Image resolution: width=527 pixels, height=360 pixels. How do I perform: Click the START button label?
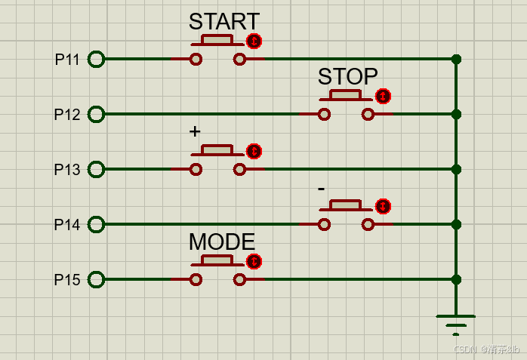[x=223, y=22]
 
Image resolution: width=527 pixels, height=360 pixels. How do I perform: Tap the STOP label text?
[x=347, y=77]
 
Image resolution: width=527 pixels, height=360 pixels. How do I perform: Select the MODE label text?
[x=221, y=242]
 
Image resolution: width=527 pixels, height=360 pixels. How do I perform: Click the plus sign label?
[x=195, y=131]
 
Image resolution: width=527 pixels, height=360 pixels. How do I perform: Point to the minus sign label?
[x=322, y=187]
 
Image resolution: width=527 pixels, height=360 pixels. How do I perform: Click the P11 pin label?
[x=67, y=60]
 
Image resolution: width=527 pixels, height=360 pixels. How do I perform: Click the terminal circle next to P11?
[x=96, y=59]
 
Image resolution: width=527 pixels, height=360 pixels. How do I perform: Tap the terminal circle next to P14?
[x=96, y=224]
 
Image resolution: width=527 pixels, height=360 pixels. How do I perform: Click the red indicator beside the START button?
[x=254, y=41]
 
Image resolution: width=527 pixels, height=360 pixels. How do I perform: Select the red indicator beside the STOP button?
[x=384, y=96]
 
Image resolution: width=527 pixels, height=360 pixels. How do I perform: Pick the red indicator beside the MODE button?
[x=254, y=262]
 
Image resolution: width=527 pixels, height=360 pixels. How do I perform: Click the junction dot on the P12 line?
[x=455, y=114]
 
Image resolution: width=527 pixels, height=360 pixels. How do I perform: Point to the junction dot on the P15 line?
[x=455, y=279]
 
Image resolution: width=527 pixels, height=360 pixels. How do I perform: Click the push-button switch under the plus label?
[x=217, y=161]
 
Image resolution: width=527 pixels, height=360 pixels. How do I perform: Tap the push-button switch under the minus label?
[x=346, y=216]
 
